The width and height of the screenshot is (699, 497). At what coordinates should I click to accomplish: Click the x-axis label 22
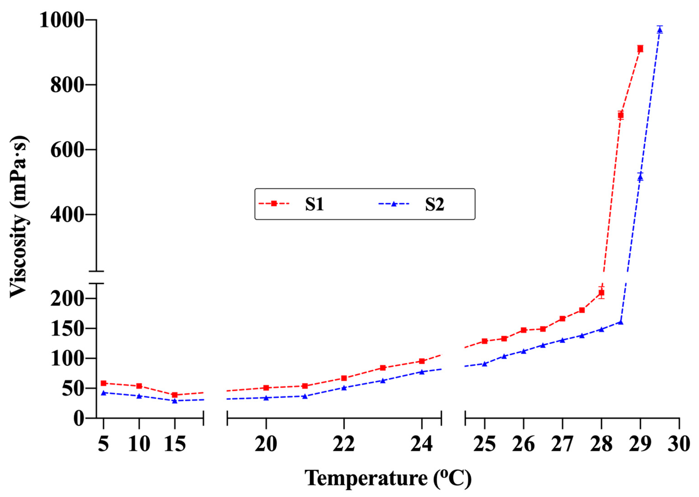pos(344,444)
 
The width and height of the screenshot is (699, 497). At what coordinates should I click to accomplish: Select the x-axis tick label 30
pos(679,444)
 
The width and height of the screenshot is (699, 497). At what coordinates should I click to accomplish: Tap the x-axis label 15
pos(175,444)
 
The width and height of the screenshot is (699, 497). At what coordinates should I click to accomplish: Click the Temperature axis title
pos(388,478)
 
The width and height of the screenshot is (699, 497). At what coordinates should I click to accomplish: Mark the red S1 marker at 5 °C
pos(104,383)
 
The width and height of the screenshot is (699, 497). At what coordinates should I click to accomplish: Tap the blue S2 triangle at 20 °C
pos(266,398)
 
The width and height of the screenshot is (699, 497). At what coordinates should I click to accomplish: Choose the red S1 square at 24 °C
pos(422,361)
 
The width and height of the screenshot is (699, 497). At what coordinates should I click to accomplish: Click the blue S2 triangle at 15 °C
pos(175,401)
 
